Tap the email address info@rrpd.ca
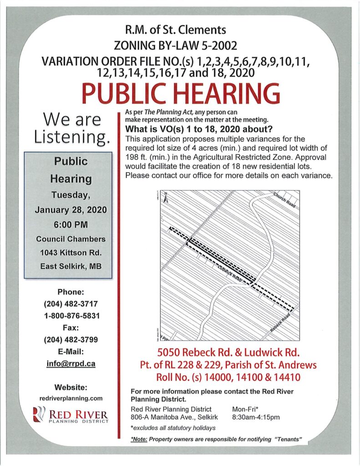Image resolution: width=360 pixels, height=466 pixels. point(71,364)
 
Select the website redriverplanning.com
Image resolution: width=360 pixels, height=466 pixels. point(71,398)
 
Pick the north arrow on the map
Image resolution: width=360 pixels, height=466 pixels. point(167,197)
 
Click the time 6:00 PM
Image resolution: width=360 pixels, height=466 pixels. point(71,224)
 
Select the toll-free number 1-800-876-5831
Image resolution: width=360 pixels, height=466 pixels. point(71,315)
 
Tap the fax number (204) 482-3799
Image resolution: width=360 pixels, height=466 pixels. point(71,339)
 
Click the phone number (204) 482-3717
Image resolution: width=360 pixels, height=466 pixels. point(71,304)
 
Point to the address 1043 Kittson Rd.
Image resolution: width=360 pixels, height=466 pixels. point(71,253)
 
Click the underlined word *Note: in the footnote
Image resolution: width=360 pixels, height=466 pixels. point(138,439)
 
